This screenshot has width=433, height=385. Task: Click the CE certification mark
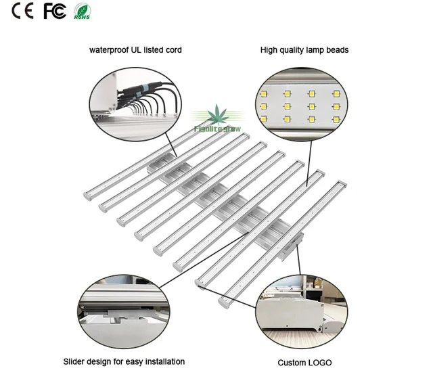coord(23,12)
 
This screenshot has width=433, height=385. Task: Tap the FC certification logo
coord(55,12)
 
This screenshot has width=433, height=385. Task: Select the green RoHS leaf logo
coord(82,12)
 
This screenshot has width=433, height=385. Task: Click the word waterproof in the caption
coord(110,50)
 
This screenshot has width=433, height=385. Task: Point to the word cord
coord(173,50)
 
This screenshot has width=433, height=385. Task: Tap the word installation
coord(163,362)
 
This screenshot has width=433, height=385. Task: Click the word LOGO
coord(319,363)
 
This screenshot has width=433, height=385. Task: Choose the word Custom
coord(291,363)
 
